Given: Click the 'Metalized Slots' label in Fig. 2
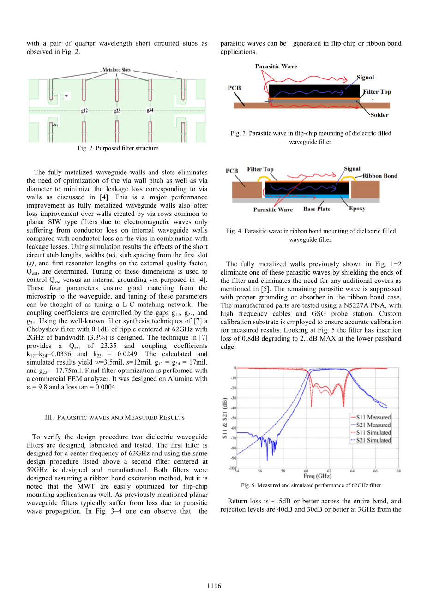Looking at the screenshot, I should point(116,70).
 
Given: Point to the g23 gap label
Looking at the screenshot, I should point(117,111).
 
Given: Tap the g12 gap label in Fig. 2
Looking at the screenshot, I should point(84,111).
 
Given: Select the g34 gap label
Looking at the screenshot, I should point(150,110).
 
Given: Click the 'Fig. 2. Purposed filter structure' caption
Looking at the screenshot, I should point(118,148).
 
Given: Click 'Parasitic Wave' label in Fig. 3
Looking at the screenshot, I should point(276,66).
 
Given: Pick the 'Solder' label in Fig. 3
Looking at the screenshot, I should point(379,115).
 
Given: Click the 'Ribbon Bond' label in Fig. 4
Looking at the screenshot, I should point(379,176).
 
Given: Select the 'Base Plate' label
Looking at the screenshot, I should point(317,209).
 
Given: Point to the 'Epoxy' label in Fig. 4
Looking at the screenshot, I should point(357,209).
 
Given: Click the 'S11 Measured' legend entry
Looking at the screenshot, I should point(373,417).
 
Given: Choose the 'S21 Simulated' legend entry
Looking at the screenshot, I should point(373,440).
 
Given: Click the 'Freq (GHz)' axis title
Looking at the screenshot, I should point(317,476).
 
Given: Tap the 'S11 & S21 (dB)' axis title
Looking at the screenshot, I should point(225,418).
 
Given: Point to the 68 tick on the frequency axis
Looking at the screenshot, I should point(398,471).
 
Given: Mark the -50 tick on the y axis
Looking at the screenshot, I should point(234,418).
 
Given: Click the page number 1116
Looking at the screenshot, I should point(214,586).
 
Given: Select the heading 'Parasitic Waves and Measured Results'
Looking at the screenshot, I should point(114,418).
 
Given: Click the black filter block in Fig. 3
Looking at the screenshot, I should point(314,91).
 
